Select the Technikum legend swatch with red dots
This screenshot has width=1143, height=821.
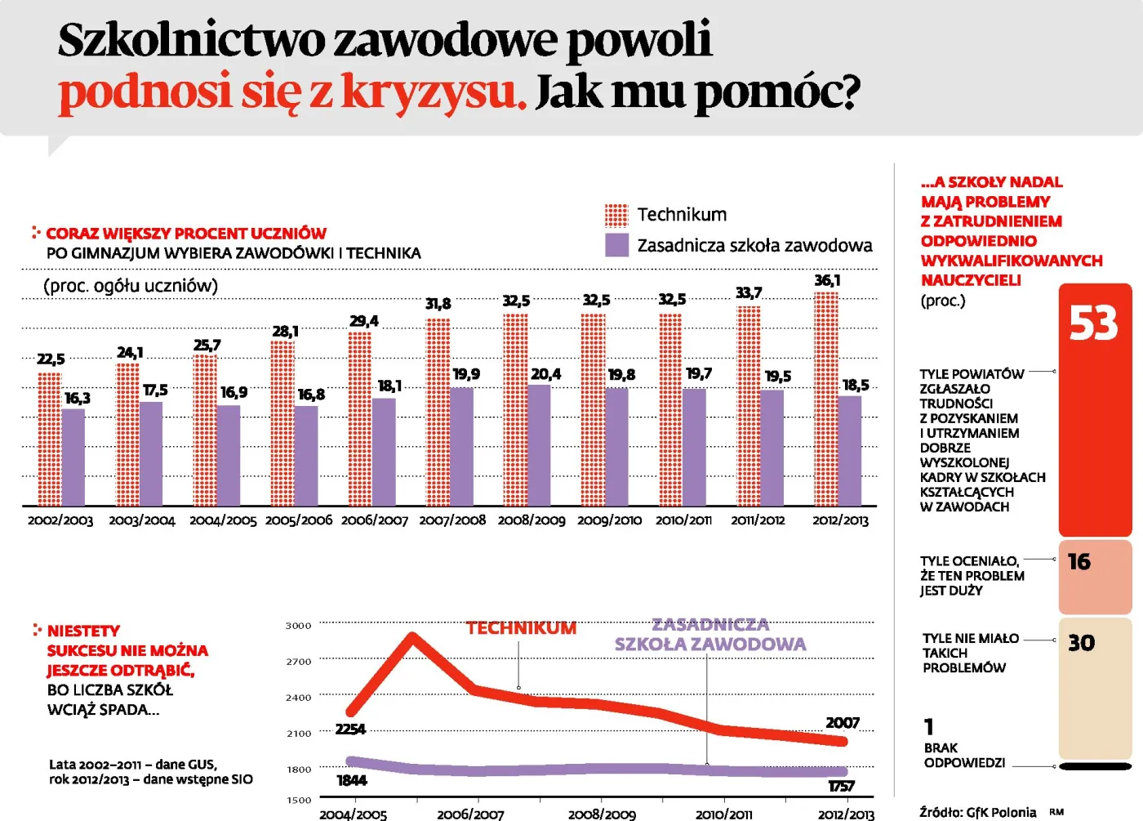point(616,215)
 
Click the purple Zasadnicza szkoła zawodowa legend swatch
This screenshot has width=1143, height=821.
point(616,245)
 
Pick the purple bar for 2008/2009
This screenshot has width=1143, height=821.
point(539,445)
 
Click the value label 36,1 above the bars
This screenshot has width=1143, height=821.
point(827,280)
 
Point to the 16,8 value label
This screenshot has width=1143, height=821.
point(311,395)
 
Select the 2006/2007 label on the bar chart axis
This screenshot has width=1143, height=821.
point(374,520)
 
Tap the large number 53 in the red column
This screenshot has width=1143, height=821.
point(1093,324)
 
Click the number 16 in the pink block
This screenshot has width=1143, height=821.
point(1079,562)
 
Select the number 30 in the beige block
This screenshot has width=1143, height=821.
point(1081,643)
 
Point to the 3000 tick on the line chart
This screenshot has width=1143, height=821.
point(298,626)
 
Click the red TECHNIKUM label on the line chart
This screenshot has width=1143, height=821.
point(521,628)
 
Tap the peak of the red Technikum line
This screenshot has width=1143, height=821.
point(412,636)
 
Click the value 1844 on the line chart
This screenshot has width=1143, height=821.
point(352,780)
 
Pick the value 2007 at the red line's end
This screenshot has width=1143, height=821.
point(843,723)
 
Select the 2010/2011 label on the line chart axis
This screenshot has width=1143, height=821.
point(723,814)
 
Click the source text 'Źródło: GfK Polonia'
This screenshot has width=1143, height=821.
point(977,812)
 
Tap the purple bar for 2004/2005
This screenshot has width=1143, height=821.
point(229,455)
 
